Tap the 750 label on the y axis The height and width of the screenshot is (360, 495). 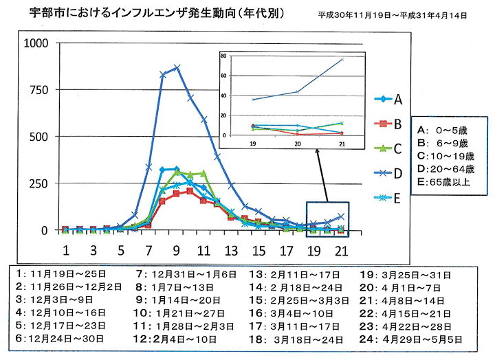coord(38,91)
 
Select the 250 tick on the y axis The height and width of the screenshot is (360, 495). coord(38,183)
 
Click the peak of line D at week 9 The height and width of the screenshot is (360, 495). coord(177,67)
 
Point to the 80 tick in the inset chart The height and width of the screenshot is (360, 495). coord(243,54)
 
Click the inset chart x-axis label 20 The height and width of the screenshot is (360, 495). coord(298,145)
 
